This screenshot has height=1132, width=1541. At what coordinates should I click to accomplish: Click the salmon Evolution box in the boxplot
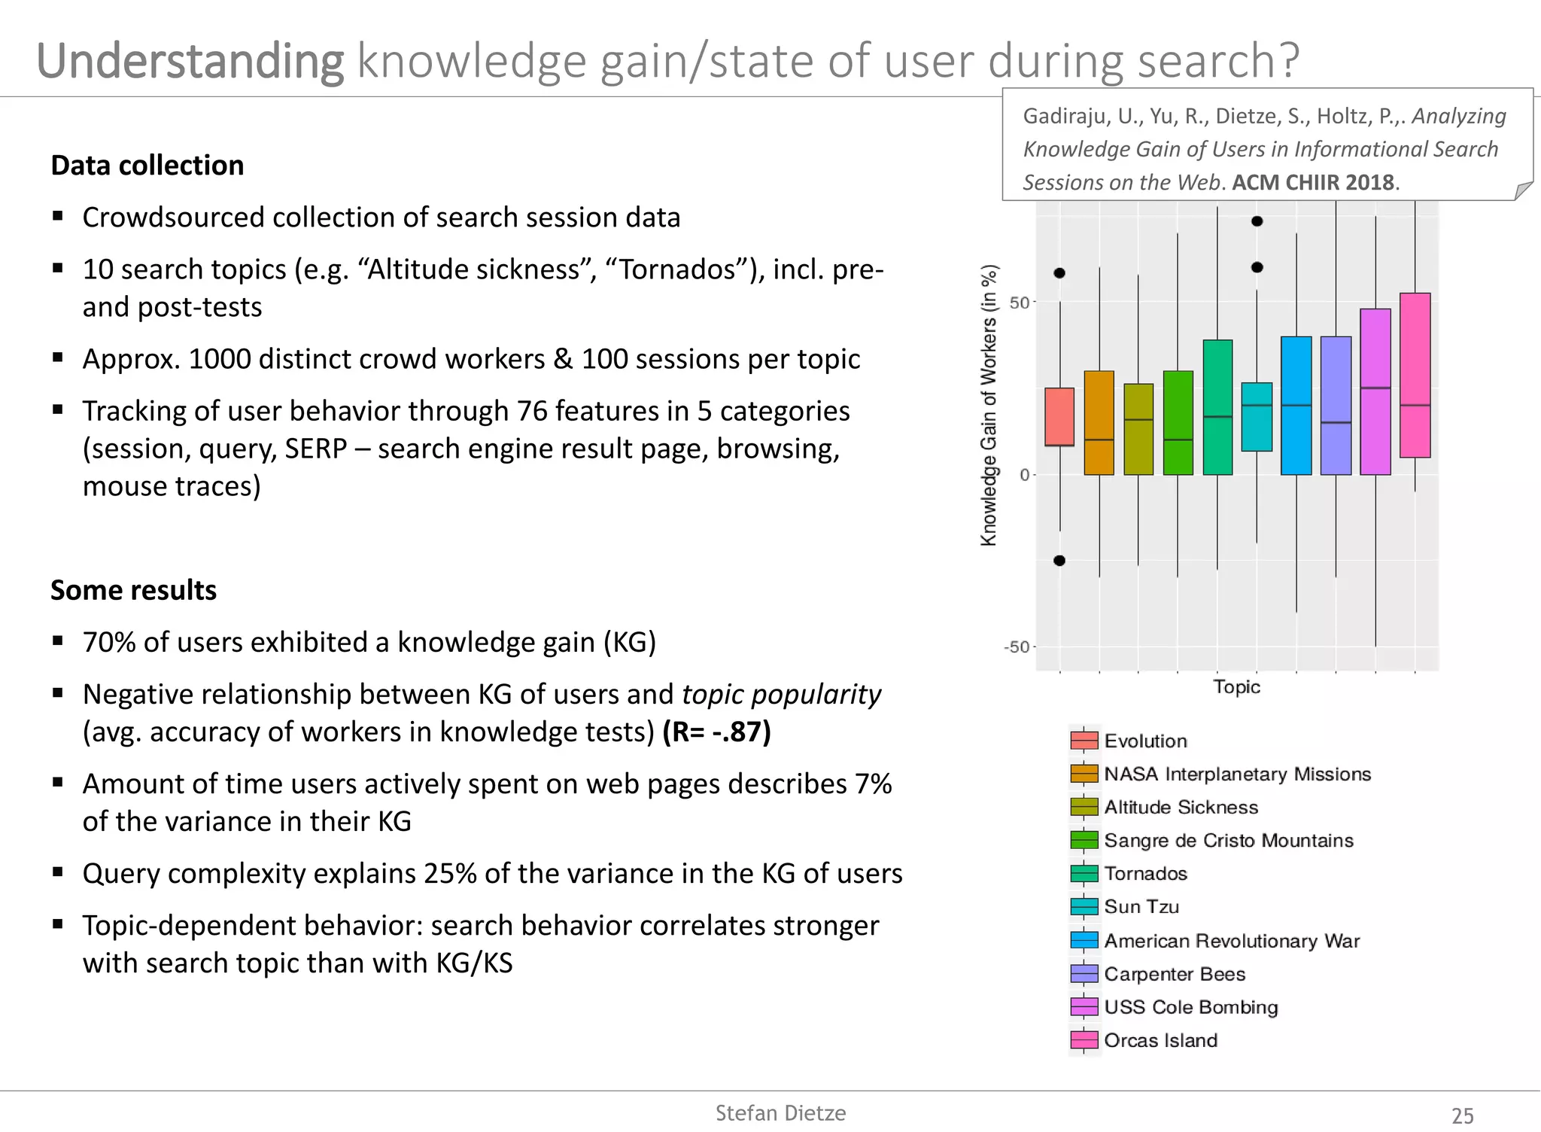pos(1059,416)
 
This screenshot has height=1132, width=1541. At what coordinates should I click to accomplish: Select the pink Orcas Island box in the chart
pos(1415,375)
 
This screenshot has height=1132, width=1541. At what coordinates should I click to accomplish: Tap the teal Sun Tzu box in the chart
pos(1257,416)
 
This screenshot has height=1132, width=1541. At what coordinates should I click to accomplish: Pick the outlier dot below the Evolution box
pos(1059,560)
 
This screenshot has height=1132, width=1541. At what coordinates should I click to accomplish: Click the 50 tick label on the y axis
pos(1019,303)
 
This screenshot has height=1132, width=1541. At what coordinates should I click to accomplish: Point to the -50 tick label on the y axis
pos(1016,647)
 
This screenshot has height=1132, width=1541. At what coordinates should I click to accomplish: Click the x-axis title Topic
pos(1236,686)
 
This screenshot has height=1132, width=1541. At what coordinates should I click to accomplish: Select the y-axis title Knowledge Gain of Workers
pos(989,405)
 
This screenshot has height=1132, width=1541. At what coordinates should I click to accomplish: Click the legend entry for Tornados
pos(1145,874)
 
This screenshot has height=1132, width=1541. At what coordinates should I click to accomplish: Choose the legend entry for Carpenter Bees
pos(1175,974)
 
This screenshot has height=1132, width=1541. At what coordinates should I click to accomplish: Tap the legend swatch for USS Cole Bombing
pos(1084,1007)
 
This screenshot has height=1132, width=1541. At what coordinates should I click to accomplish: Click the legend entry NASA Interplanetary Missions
pos(1237,774)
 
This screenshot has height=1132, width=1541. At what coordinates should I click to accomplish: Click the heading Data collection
pos(147,166)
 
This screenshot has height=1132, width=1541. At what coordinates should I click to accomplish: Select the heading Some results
pos(133,590)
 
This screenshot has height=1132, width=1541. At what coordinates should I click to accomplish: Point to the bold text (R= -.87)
pos(716,732)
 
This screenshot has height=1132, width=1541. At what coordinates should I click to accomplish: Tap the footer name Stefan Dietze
pos(780,1113)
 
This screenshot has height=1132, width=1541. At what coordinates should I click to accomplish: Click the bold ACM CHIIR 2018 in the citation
pos(1313,182)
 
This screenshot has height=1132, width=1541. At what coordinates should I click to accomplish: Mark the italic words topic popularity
pos(781,694)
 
